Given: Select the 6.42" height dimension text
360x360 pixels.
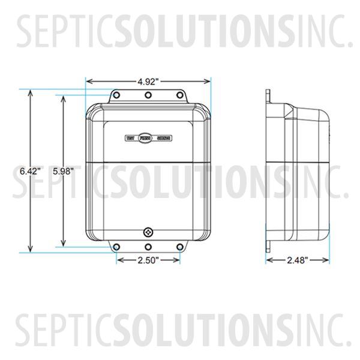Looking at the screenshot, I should (x=29, y=171).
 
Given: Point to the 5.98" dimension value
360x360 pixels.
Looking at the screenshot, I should (x=62, y=171).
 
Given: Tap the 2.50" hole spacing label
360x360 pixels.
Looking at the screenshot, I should (x=148, y=260).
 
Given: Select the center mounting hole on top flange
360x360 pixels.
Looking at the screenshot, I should (x=148, y=95).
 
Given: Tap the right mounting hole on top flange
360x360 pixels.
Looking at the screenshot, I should (x=178, y=95).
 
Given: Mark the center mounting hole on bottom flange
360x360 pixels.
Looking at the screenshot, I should (x=148, y=247).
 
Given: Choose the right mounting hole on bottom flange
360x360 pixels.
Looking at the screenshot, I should (x=178, y=247).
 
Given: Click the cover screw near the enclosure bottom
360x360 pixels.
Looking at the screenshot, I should (x=148, y=231).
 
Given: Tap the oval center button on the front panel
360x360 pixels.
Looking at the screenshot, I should (x=147, y=138).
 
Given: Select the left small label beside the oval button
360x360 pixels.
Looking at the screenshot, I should (x=130, y=138).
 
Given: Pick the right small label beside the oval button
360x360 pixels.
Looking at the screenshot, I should (x=164, y=138).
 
